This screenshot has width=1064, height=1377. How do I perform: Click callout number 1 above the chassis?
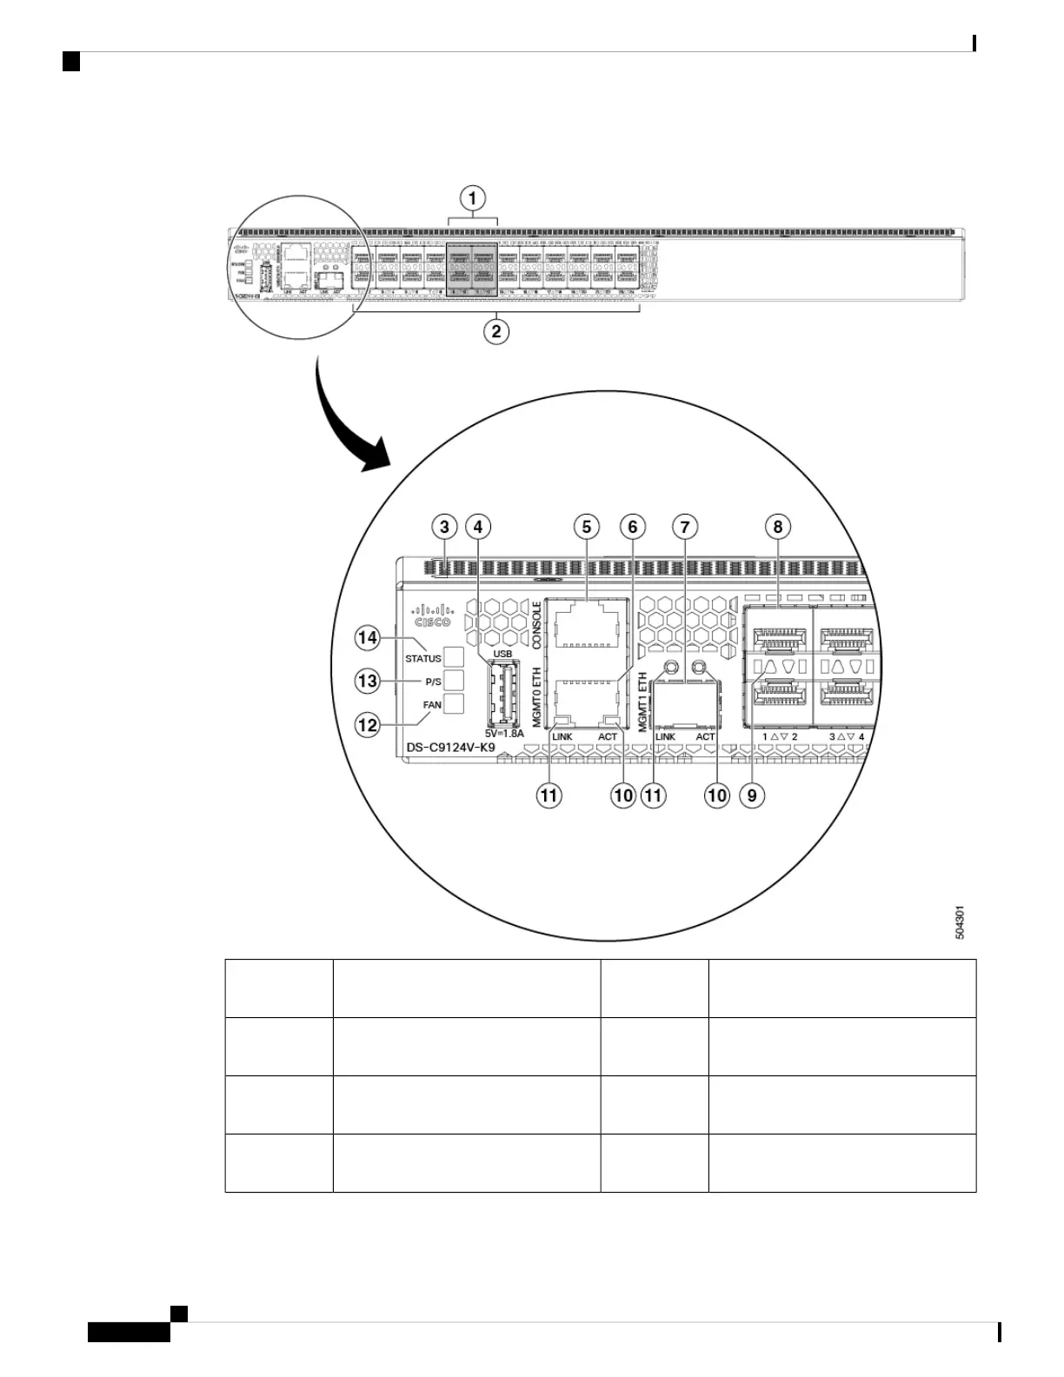coord(473,199)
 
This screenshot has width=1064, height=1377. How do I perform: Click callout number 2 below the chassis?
coord(495,331)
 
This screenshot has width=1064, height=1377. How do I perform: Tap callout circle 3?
coord(445,526)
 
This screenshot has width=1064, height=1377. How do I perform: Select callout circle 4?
coord(477,526)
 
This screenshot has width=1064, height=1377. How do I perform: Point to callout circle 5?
coord(587,526)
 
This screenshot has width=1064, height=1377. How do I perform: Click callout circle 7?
coord(685,526)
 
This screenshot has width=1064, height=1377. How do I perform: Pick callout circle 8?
coord(778,526)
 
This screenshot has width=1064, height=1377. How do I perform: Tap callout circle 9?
coord(752,795)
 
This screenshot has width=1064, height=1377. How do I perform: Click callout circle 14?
coord(368,638)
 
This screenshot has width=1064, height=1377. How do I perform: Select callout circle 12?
coord(368,723)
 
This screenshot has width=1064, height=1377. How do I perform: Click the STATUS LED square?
coord(454,657)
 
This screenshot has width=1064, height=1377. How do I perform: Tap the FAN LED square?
coord(454,704)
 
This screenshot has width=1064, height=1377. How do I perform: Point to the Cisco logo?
coord(432,615)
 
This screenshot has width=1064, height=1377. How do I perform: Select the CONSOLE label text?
coord(537,624)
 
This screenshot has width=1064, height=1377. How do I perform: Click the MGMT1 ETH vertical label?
coord(643,702)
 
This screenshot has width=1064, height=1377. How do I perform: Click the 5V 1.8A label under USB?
coord(504,734)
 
